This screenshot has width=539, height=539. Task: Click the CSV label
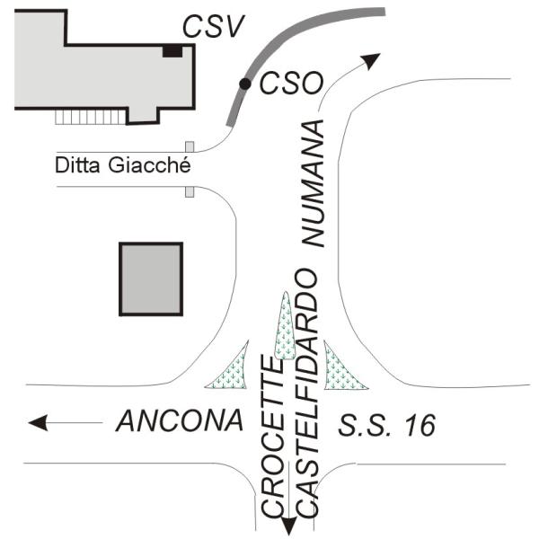click(x=213, y=26)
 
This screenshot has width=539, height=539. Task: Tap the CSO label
click(x=291, y=84)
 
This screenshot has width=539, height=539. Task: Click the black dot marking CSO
click(x=245, y=84)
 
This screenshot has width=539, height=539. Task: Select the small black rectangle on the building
click(x=172, y=51)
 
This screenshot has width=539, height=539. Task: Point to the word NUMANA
click(x=314, y=183)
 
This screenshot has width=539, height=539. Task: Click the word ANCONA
click(x=180, y=420)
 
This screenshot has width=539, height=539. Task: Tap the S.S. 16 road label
click(x=387, y=425)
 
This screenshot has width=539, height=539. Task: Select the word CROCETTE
click(x=273, y=437)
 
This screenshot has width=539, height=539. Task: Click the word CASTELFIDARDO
click(x=307, y=393)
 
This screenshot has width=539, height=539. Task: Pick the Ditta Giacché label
click(x=123, y=165)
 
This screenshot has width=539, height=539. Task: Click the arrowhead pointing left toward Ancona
click(x=38, y=422)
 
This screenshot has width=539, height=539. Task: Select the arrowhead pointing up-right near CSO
click(x=372, y=61)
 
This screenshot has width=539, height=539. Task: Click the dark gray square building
click(x=151, y=278)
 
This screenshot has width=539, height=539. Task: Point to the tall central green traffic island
click(x=285, y=325)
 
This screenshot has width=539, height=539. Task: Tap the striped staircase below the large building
click(x=91, y=117)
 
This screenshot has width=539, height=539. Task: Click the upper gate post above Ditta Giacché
click(x=190, y=146)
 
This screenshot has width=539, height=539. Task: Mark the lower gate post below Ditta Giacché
click(x=190, y=192)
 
